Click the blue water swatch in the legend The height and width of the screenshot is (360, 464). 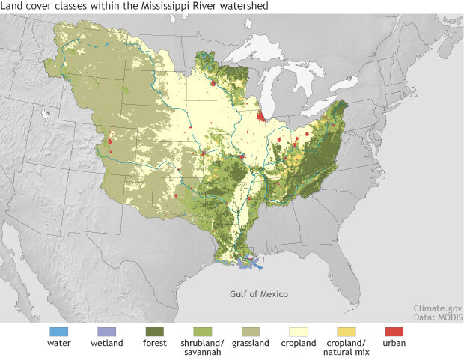click(59, 331)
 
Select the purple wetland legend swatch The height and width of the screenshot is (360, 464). click(106, 331)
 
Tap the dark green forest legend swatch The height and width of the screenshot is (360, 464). click(155, 331)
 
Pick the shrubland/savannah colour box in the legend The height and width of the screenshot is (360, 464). click(202, 331)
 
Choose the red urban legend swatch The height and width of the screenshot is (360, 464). click(394, 331)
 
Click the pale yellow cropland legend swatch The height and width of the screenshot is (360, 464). click(297, 331)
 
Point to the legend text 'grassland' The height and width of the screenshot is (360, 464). click(250, 344)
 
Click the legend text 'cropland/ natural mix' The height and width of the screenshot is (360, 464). click(345, 348)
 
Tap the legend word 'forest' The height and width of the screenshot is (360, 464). click(155, 344)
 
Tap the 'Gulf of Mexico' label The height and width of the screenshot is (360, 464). click(258, 294)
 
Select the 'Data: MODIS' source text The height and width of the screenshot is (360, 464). click(438, 317)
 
